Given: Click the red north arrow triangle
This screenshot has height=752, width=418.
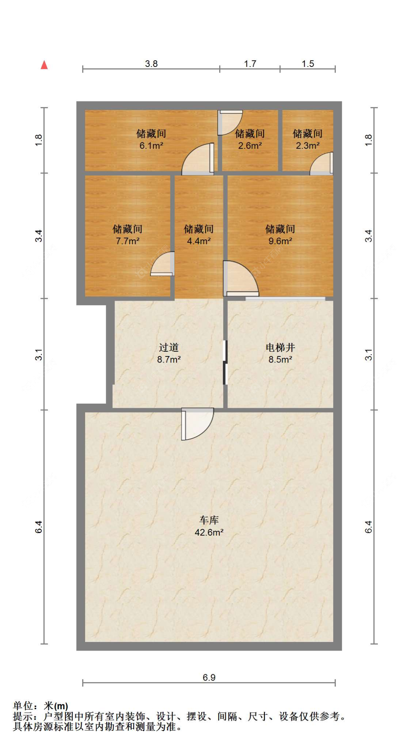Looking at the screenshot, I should pyautogui.click(x=44, y=65).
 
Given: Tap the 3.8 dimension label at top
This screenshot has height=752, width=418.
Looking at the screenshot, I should pyautogui.click(x=151, y=64).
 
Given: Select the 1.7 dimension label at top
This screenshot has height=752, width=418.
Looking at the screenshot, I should pyautogui.click(x=250, y=64).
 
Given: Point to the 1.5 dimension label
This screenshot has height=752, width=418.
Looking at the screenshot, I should pyautogui.click(x=308, y=64).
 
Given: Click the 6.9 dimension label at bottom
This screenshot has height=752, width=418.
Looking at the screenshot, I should pyautogui.click(x=209, y=677).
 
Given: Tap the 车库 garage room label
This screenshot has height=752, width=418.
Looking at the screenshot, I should pyautogui.click(x=209, y=520).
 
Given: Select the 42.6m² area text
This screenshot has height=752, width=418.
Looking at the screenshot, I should pyautogui.click(x=209, y=532).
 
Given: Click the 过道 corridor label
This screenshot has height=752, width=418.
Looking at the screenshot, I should pyautogui.click(x=169, y=347).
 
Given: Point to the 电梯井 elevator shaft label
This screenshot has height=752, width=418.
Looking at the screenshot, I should pyautogui.click(x=280, y=347).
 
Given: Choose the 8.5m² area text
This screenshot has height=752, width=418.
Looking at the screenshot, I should pyautogui.click(x=280, y=359).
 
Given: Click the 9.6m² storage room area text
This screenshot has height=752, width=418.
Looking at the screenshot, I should pyautogui.click(x=280, y=241).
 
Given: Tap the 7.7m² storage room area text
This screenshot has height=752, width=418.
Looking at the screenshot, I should pyautogui.click(x=127, y=241).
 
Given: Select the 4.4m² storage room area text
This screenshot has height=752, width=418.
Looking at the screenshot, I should pyautogui.click(x=199, y=241).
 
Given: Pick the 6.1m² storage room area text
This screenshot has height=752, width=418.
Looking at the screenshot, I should pyautogui.click(x=151, y=146).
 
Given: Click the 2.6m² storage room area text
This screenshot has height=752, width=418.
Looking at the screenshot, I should pyautogui.click(x=250, y=146).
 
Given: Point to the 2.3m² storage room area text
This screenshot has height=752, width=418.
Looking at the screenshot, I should pyautogui.click(x=308, y=146).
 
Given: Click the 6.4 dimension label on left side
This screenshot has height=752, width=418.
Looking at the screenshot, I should pyautogui.click(x=39, y=527).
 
